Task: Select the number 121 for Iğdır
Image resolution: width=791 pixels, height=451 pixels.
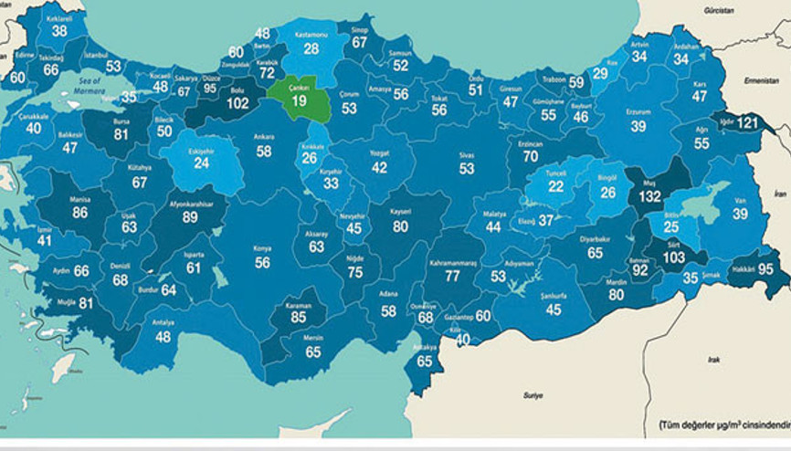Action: (748, 123)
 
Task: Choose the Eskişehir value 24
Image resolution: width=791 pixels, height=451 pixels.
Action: (202, 163)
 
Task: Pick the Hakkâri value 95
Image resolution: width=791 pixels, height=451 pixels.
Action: (765, 268)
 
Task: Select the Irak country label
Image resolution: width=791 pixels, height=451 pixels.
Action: (713, 360)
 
